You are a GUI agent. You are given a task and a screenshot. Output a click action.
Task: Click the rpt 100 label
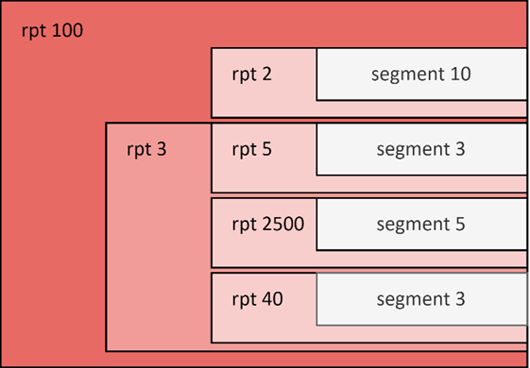tap(52, 31)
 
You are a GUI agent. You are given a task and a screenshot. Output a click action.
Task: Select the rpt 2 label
tap(251, 74)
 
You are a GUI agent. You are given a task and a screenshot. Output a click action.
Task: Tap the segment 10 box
tap(421, 74)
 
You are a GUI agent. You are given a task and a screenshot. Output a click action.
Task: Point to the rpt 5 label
tap(251, 149)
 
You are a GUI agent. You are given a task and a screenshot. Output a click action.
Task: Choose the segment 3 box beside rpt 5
tap(421, 149)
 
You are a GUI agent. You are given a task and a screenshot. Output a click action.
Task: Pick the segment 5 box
tap(421, 225)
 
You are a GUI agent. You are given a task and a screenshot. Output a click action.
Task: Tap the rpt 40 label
tap(256, 299)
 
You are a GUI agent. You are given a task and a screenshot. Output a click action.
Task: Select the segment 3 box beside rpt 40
tap(421, 299)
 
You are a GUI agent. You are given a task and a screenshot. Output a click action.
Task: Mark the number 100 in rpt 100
tap(67, 31)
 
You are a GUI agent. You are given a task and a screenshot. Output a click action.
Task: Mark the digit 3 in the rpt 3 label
tap(162, 149)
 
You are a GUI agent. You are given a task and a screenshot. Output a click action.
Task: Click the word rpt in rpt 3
tap(140, 149)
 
